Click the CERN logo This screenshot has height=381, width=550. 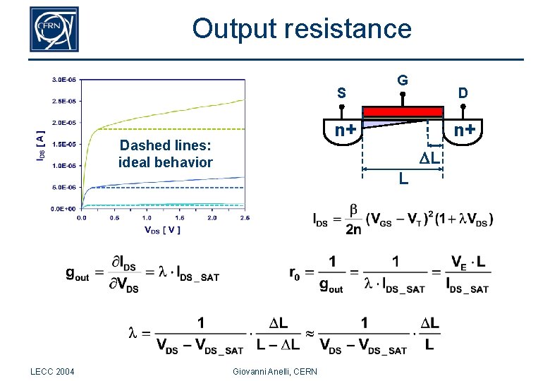click(54, 30)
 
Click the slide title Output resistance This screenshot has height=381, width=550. click(301, 29)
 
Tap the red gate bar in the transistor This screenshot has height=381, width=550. click(402, 111)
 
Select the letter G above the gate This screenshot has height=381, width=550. click(402, 80)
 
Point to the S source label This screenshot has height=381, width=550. click(341, 93)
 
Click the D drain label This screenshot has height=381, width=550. click(463, 93)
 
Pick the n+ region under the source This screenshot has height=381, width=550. click(344, 131)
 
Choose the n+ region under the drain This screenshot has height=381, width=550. click(463, 131)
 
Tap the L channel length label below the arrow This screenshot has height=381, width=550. click(402, 179)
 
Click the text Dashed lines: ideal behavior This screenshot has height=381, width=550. click(165, 154)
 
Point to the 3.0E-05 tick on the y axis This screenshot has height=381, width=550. click(64, 80)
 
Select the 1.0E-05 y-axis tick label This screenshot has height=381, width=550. click(64, 166)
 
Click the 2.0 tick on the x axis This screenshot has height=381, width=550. click(212, 218)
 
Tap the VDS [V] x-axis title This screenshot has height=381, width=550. click(162, 229)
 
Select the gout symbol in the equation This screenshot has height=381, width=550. click(78, 274)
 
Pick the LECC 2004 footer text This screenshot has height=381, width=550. click(54, 372)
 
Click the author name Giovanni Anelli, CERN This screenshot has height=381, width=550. click(274, 372)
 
